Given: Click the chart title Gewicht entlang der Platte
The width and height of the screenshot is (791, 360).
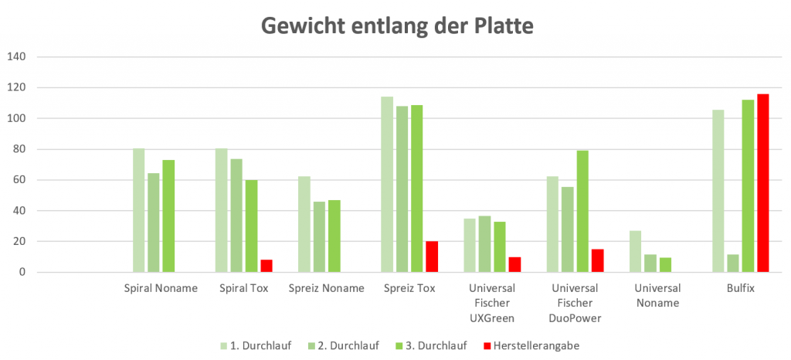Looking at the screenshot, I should point(397,26).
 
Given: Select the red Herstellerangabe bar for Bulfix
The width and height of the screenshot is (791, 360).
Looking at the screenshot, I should point(763,183).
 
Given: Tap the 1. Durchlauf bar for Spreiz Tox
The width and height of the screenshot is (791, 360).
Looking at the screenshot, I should point(387,185).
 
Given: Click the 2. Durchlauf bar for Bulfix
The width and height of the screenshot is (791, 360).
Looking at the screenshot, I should point(733,263).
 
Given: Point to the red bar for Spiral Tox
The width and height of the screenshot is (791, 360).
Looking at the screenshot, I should point(266,267).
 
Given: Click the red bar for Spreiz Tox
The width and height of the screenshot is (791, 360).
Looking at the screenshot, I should point(432,257).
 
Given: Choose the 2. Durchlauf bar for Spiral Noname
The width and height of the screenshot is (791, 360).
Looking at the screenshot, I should point(154,222).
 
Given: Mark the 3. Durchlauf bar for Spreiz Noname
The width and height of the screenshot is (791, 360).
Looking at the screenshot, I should point(334,236).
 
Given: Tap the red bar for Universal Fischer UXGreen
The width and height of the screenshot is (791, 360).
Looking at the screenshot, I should point(515,265).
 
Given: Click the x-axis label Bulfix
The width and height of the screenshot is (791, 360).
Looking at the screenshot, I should point(740,288).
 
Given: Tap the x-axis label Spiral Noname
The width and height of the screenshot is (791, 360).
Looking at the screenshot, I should point(161,288).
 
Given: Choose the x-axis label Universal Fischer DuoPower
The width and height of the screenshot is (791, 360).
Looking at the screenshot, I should point(575,303).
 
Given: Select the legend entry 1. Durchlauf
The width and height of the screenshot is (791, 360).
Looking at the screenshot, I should point(260,345).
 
